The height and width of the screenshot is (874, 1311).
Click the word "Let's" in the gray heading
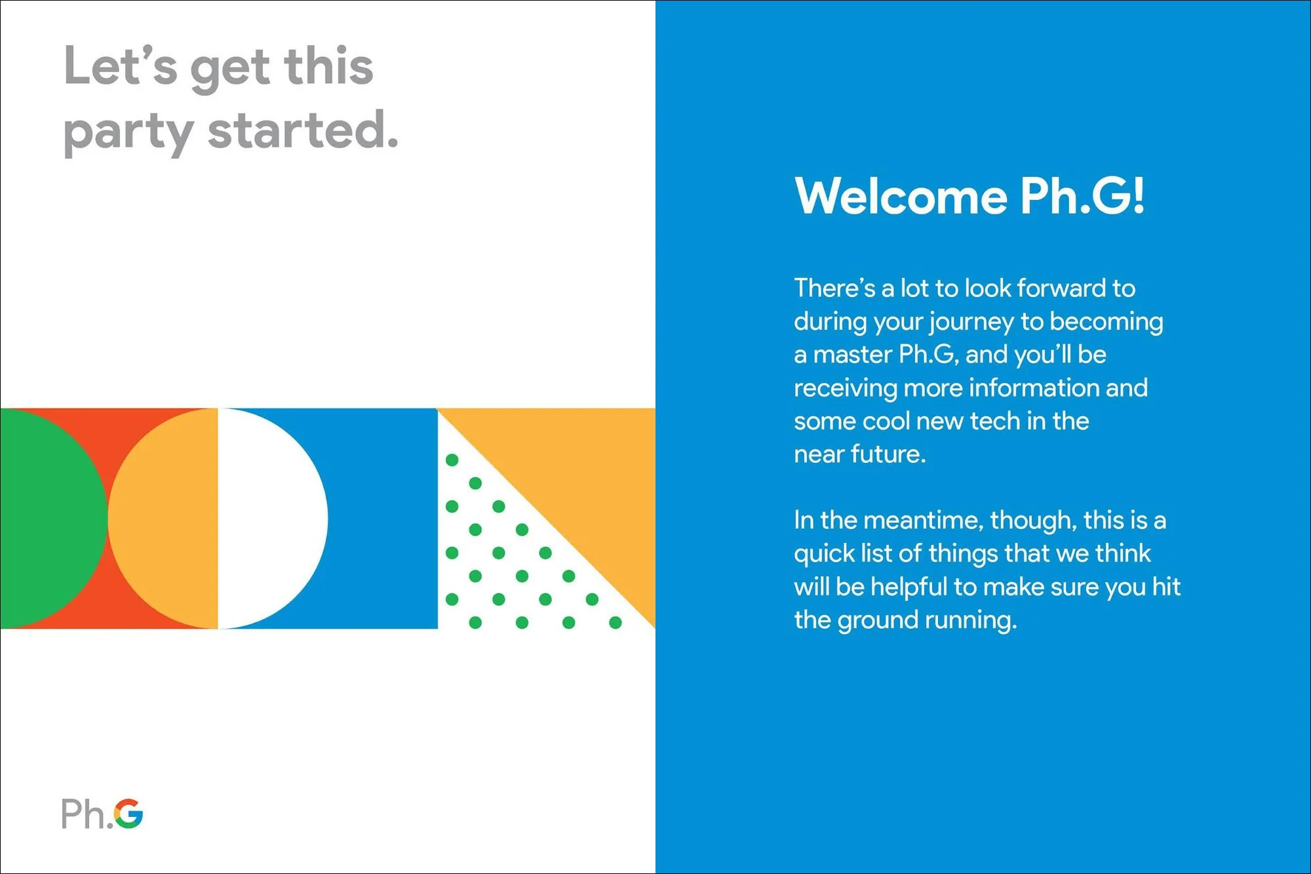[x=121, y=67]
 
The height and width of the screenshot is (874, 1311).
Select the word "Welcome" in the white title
[x=901, y=196]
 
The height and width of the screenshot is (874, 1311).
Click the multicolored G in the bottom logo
[x=128, y=814]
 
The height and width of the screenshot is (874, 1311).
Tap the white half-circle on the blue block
[x=269, y=518]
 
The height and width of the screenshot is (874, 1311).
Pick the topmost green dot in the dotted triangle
[x=452, y=460]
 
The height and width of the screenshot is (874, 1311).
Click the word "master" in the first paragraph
[x=852, y=355]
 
